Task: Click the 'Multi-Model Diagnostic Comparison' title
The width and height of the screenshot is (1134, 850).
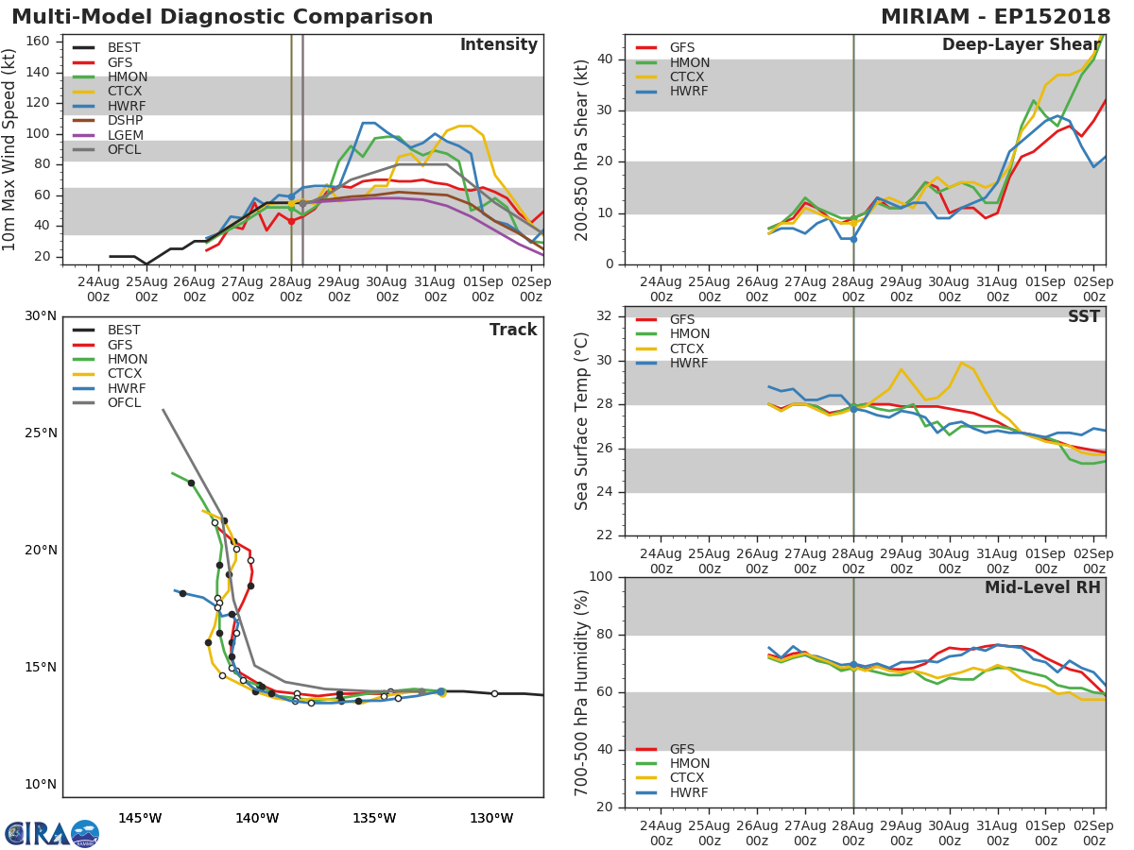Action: click(x=222, y=17)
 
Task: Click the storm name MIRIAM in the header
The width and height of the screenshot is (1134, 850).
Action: click(x=930, y=17)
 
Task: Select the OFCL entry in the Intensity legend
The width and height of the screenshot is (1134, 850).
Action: click(x=124, y=149)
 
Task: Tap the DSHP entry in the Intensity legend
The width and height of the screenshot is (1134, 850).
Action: click(x=125, y=120)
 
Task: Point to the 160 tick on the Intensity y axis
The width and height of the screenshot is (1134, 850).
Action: click(x=37, y=42)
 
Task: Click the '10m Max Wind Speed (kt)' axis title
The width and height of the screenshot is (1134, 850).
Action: click(x=10, y=149)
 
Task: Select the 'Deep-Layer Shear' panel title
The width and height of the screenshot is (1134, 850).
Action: click(x=1021, y=45)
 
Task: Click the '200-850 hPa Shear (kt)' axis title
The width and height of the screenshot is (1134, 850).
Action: click(x=583, y=149)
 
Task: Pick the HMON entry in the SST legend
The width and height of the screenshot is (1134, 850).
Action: click(x=689, y=334)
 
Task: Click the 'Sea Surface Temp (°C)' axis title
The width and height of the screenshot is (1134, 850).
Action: click(x=583, y=420)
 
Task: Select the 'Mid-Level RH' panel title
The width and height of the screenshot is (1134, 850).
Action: click(x=1042, y=587)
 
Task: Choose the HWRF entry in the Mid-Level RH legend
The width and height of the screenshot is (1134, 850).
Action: click(x=689, y=792)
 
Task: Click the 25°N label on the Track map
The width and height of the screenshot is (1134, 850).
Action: click(x=40, y=433)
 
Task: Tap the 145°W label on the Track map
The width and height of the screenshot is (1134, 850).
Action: click(x=140, y=818)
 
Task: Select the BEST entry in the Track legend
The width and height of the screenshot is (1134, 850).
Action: click(x=124, y=331)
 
